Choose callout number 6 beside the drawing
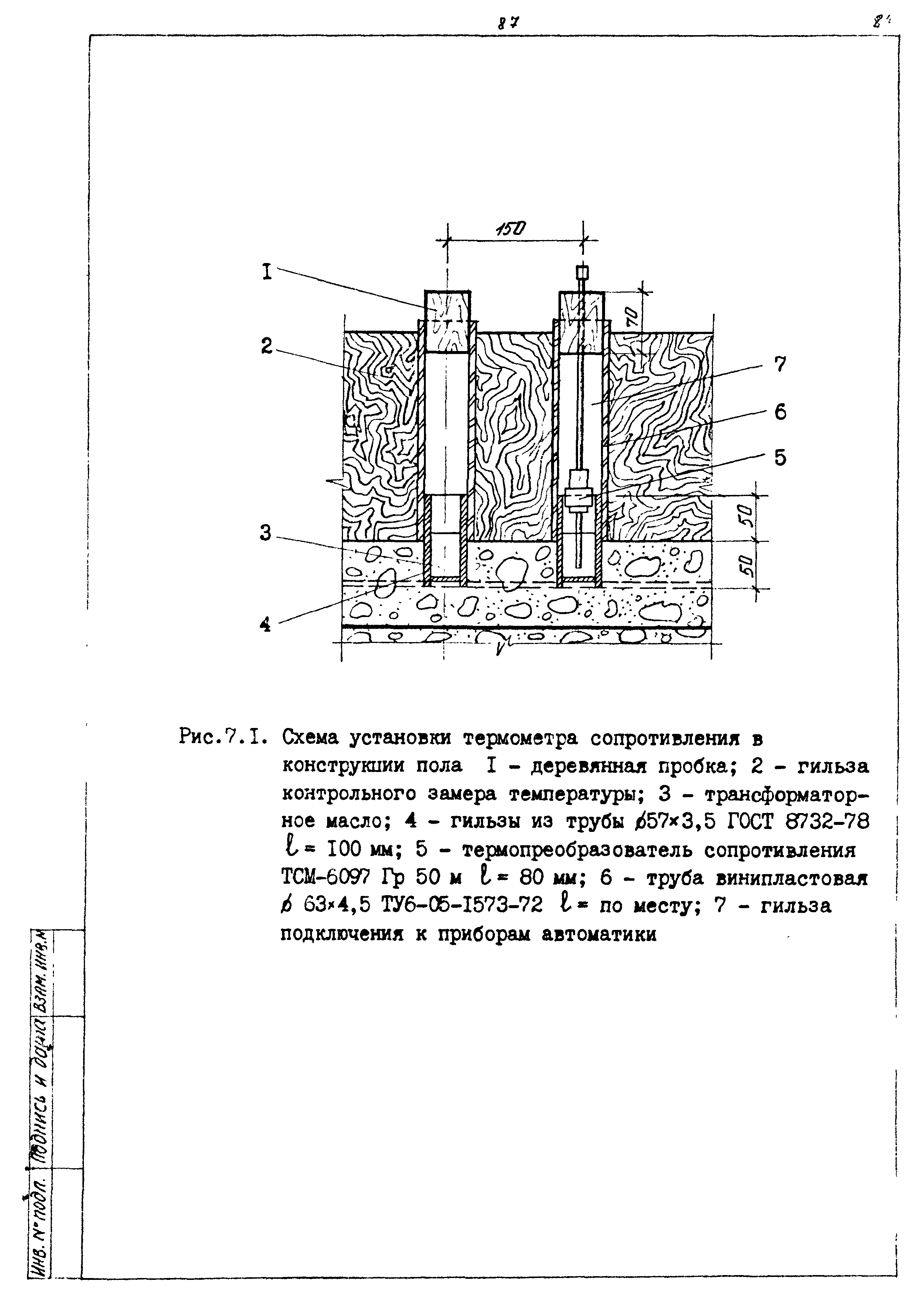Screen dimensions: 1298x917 pyautogui.click(x=780, y=413)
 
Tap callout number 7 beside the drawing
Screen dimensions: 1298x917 pyautogui.click(x=780, y=365)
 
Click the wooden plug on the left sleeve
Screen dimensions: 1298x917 pyautogui.click(x=448, y=321)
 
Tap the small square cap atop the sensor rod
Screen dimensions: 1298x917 pyautogui.click(x=582, y=273)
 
